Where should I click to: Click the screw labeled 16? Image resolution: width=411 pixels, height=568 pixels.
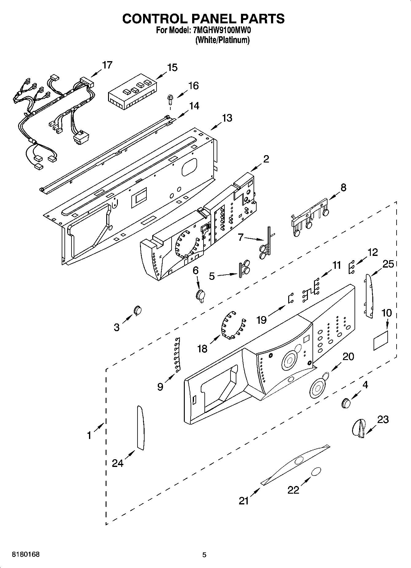coord(169,100)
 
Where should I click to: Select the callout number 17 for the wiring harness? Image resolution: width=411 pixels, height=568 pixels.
coord(107,65)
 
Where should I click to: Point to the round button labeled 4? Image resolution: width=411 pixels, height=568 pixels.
coord(346,403)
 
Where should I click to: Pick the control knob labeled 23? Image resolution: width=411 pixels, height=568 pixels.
coord(359,428)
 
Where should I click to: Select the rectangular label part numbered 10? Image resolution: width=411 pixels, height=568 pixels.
coord(381,341)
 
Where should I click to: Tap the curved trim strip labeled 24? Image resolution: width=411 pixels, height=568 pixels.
coord(140,428)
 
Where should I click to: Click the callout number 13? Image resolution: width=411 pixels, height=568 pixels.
coord(227,118)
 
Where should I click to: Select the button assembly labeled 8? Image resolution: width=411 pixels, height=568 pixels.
coord(310,219)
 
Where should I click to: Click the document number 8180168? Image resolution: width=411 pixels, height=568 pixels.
coord(25,554)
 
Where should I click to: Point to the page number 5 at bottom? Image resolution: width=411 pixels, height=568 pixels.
coord(204,555)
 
